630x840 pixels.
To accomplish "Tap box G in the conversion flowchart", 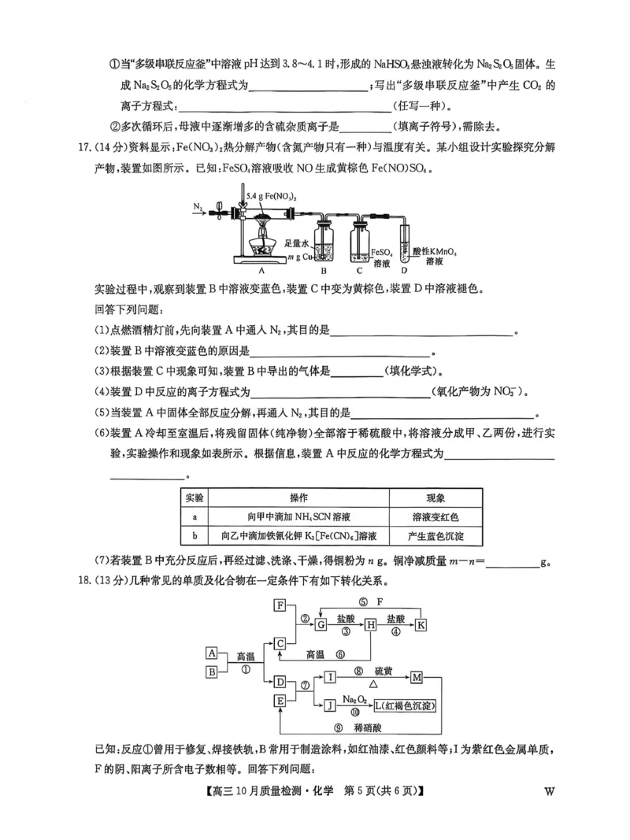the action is (321, 624).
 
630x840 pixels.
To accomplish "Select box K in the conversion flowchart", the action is (421, 624).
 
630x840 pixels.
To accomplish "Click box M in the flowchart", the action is (417, 678).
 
